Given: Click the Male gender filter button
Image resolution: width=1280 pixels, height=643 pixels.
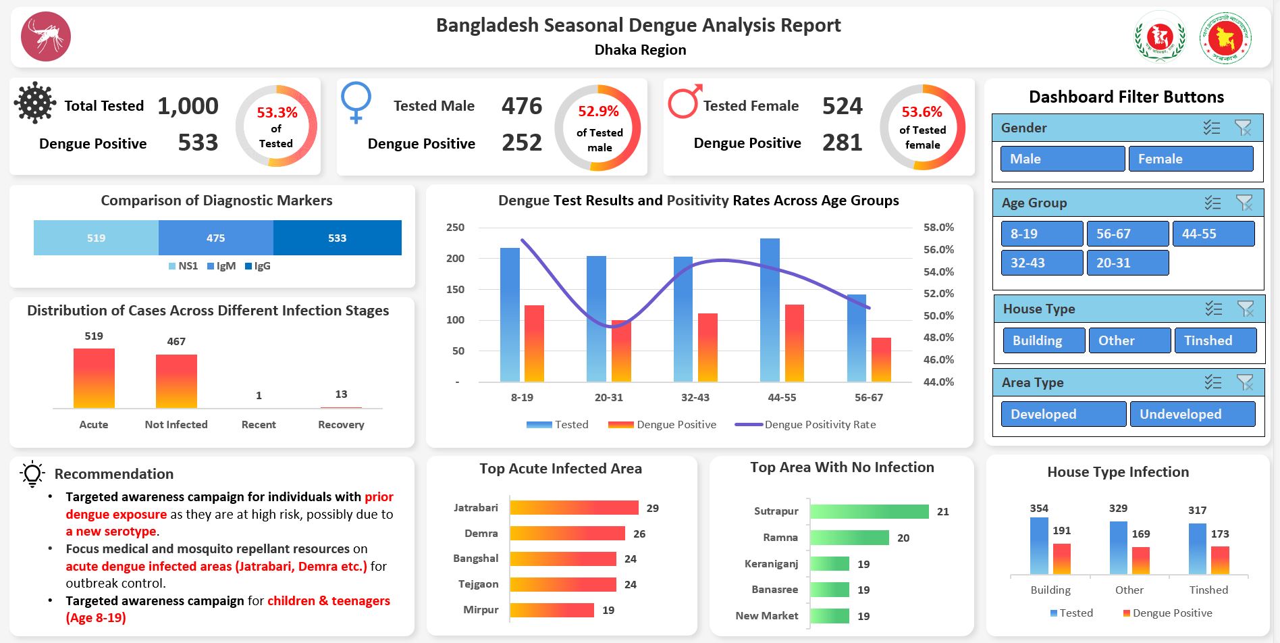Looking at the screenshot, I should (1062, 159).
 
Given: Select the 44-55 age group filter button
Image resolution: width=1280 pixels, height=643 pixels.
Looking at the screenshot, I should (1212, 234).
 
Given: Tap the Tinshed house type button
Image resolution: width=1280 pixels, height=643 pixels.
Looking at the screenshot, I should (1215, 340).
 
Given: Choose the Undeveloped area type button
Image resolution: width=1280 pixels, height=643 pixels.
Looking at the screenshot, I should (1192, 414).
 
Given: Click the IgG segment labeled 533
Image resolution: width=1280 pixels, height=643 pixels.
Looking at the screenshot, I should (337, 238).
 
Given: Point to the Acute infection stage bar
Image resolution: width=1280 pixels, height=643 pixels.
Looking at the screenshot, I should (94, 378).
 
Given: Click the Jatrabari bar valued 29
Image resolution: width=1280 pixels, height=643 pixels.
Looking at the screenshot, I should (573, 508).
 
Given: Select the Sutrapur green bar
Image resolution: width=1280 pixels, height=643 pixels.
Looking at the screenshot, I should (869, 512).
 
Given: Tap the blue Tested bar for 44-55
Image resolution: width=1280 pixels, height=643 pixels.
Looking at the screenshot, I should (770, 311).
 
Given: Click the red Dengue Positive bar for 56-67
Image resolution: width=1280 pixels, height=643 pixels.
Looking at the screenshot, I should (881, 360).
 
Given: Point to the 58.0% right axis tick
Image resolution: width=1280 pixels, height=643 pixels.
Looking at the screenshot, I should (938, 228).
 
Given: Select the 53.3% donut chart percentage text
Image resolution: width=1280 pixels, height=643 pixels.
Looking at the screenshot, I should (277, 113).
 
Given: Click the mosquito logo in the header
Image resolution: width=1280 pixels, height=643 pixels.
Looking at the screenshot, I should (46, 36).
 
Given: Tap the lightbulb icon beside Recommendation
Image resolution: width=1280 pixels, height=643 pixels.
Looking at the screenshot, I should (32, 473).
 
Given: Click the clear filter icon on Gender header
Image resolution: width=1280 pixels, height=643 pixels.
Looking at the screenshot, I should (1242, 128).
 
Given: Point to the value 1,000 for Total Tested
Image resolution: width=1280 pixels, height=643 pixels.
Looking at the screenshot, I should (188, 106).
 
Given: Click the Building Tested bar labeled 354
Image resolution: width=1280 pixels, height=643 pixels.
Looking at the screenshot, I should (1039, 546).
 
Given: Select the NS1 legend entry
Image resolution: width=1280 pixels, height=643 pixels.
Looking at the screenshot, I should (184, 266).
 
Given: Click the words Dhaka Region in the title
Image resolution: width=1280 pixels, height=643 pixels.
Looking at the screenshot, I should (640, 50).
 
